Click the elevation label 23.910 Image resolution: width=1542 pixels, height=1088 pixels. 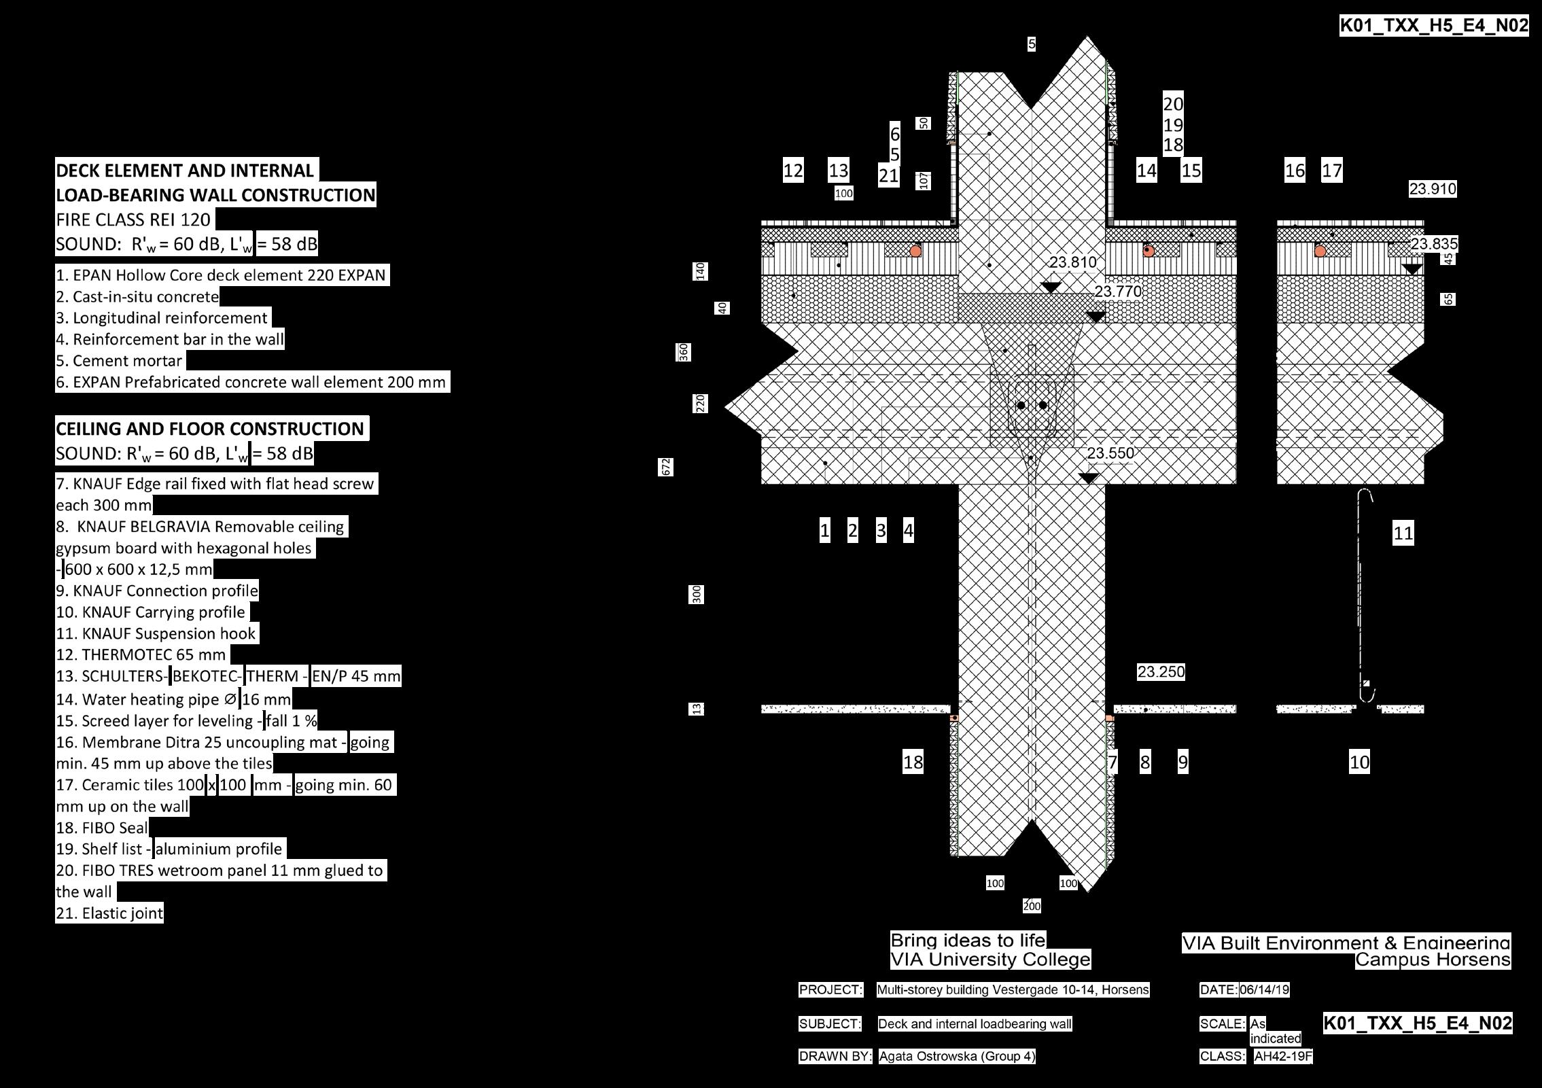[1432, 189]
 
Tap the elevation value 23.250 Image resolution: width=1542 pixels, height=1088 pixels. [1161, 672]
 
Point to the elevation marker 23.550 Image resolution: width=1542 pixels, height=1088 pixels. [1110, 453]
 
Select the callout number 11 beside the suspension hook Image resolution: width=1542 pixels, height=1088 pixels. [1403, 533]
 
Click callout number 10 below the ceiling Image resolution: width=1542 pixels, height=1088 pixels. [1359, 762]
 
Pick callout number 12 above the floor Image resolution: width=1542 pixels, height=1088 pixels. [793, 171]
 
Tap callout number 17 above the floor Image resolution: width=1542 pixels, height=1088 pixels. [1331, 171]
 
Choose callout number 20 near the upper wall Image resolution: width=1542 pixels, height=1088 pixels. [1173, 104]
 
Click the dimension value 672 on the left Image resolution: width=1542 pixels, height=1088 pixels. [666, 467]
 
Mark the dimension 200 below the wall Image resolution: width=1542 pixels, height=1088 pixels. [1032, 906]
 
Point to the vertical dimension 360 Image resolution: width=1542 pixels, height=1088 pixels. [684, 352]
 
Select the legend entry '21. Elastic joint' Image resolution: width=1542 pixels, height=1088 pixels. [109, 913]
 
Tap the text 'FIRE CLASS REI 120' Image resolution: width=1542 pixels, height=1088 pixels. [133, 220]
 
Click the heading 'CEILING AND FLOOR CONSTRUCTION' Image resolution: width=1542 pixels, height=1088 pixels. [210, 429]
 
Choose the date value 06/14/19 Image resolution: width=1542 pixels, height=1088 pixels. [1264, 990]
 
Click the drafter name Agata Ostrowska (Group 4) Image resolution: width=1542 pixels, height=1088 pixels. [957, 1056]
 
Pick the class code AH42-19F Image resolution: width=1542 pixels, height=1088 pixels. [1283, 1057]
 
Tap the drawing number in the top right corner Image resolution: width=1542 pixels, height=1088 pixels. [1434, 26]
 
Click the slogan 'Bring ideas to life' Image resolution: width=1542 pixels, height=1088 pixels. [968, 941]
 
